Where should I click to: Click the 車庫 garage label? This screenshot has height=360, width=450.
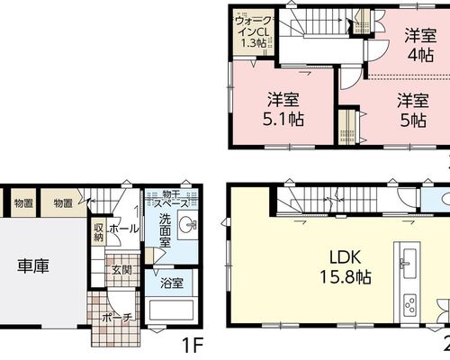tap(33, 266)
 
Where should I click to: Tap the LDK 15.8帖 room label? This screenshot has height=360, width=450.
tap(346, 267)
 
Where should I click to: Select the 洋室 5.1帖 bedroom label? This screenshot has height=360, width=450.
tap(283, 109)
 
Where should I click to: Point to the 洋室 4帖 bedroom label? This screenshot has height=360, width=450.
tap(420, 45)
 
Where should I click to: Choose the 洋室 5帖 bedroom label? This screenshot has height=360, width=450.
tap(413, 110)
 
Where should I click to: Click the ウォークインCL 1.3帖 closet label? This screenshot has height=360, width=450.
tap(254, 31)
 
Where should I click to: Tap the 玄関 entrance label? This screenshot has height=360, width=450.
tap(121, 270)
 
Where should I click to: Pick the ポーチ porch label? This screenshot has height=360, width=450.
tap(117, 318)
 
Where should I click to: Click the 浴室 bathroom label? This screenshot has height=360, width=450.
tap(171, 283)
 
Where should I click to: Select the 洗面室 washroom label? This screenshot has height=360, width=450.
tap(165, 230)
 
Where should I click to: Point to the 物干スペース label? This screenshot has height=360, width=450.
tap(171, 199)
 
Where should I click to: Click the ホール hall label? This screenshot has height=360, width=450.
tap(124, 229)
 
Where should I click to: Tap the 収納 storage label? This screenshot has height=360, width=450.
tap(98, 233)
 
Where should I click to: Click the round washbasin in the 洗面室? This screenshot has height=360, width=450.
tap(186, 224)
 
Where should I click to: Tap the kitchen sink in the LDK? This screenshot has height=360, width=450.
tap(408, 263)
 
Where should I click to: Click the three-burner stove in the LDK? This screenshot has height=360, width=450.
tap(410, 305)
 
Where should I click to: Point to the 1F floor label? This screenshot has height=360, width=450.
tap(193, 346)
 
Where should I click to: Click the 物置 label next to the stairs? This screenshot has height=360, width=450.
tap(63, 203)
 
